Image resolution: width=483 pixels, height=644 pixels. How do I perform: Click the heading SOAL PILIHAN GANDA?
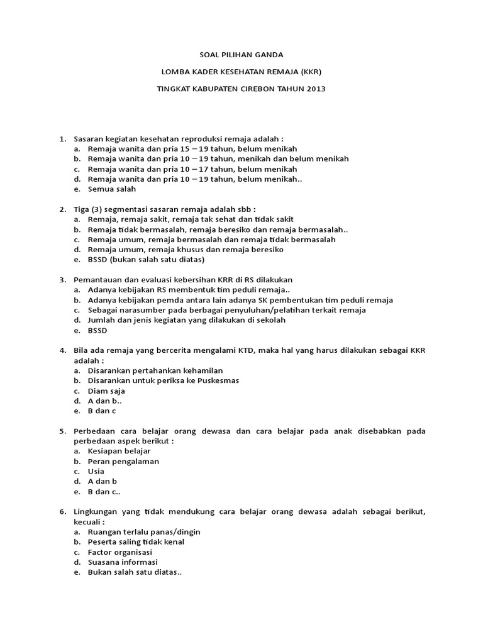tap(241, 55)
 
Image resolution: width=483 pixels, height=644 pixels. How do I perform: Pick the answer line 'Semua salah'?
tap(112, 189)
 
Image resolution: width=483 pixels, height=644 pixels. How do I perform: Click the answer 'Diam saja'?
tap(106, 391)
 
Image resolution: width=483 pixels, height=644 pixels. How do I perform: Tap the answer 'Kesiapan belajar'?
tap(119, 451)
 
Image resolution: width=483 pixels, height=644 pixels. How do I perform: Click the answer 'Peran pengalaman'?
tap(123, 461)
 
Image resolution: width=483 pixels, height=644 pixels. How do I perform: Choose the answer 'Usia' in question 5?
tap(96, 471)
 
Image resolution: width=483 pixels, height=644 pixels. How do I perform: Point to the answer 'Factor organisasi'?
tap(120, 552)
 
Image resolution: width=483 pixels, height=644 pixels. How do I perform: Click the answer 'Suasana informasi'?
tap(123, 562)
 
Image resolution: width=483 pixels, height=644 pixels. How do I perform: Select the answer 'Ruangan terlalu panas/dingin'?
tap(144, 531)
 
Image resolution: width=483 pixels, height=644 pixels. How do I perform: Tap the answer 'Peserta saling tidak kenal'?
tap(136, 541)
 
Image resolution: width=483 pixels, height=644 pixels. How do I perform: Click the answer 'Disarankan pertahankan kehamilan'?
tap(155, 370)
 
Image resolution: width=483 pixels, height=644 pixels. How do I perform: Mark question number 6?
tap(62, 511)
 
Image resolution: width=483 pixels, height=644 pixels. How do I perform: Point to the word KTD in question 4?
tap(246, 350)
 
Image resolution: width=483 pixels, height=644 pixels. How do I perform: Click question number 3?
tap(62, 280)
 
